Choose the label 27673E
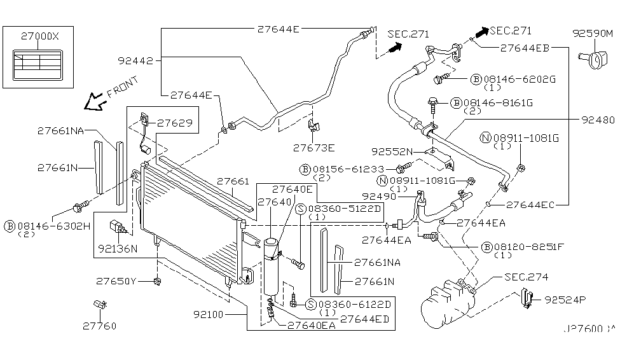point(313,148)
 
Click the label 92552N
point(392,152)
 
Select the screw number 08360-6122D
point(353,305)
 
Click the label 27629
point(174,122)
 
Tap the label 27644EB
point(525,47)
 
